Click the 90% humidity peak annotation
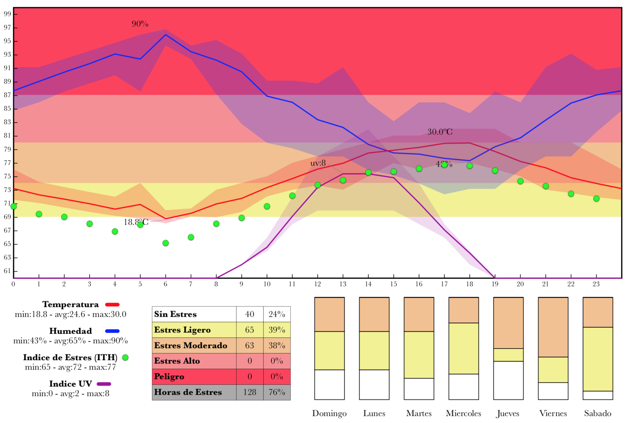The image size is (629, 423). pyautogui.click(x=140, y=24)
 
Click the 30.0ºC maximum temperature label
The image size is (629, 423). pyautogui.click(x=440, y=132)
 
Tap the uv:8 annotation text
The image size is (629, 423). pyautogui.click(x=318, y=163)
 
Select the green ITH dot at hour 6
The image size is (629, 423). pyautogui.click(x=165, y=243)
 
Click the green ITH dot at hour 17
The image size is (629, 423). pyautogui.click(x=444, y=165)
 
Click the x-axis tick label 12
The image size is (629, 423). pyautogui.click(x=317, y=284)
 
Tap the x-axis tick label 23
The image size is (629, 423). pyautogui.click(x=596, y=284)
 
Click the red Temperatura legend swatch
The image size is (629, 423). pyautogui.click(x=112, y=305)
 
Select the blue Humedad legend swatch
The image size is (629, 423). pyautogui.click(x=112, y=331)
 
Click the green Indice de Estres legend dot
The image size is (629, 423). pyautogui.click(x=125, y=357)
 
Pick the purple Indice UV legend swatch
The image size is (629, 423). pyautogui.click(x=104, y=384)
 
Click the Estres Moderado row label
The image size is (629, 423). pyautogui.click(x=191, y=345)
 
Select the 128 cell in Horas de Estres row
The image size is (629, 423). pyautogui.click(x=249, y=392)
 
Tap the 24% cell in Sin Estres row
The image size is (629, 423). pyautogui.click(x=277, y=314)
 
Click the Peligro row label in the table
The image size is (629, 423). pyautogui.click(x=169, y=377)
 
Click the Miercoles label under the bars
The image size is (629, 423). pyautogui.click(x=463, y=413)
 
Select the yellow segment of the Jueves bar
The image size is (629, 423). pyautogui.click(x=508, y=355)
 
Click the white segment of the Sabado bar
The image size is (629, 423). pyautogui.click(x=598, y=395)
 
